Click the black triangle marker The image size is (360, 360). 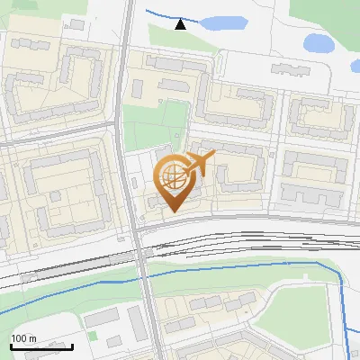click(x=181, y=24)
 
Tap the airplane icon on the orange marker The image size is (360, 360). click(x=202, y=162)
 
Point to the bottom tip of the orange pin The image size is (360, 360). click(x=173, y=211)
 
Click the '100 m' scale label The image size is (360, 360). click(x=23, y=337)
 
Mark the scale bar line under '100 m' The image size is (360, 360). click(x=41, y=346)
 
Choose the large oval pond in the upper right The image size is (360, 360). click(x=319, y=41)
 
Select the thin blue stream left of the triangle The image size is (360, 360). click(x=162, y=13)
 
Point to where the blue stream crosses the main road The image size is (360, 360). click(x=144, y=276)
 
